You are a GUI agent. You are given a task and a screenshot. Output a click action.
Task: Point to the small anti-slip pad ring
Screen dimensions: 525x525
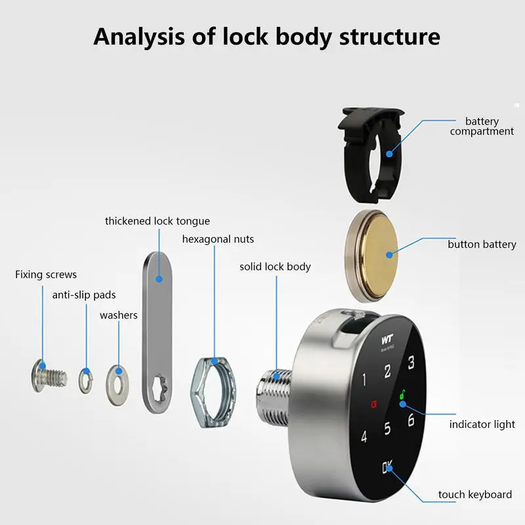point(85,380)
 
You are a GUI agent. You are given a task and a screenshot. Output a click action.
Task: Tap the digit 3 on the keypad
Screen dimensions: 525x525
point(411,362)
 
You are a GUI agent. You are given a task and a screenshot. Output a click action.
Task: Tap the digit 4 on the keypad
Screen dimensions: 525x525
point(363,436)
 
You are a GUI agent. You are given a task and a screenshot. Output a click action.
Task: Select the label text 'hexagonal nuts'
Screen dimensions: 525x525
point(218,239)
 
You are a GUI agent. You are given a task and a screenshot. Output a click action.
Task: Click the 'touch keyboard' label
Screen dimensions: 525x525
point(474,495)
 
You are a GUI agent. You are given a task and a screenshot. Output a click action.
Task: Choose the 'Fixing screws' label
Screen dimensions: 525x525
point(46,274)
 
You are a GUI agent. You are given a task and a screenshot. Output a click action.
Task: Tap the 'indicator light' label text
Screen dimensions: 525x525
point(482,425)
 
